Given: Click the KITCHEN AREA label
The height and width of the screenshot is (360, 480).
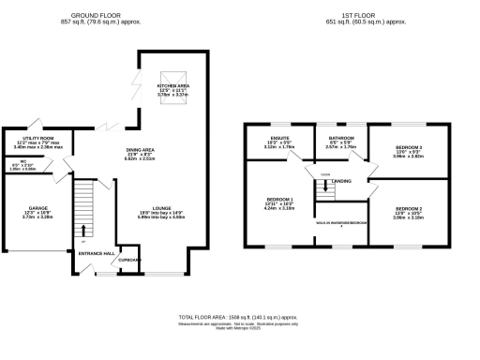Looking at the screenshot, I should tap(172, 85).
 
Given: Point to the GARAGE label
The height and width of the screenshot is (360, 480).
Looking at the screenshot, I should tap(37, 208).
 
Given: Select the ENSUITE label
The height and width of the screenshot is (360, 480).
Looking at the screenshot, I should tap(279, 137).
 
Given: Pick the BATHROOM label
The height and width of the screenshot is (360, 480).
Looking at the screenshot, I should tap(340, 137).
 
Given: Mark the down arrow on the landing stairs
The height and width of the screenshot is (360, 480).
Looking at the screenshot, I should tap(325, 185).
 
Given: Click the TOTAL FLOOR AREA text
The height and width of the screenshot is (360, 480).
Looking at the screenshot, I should tap(239, 316).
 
